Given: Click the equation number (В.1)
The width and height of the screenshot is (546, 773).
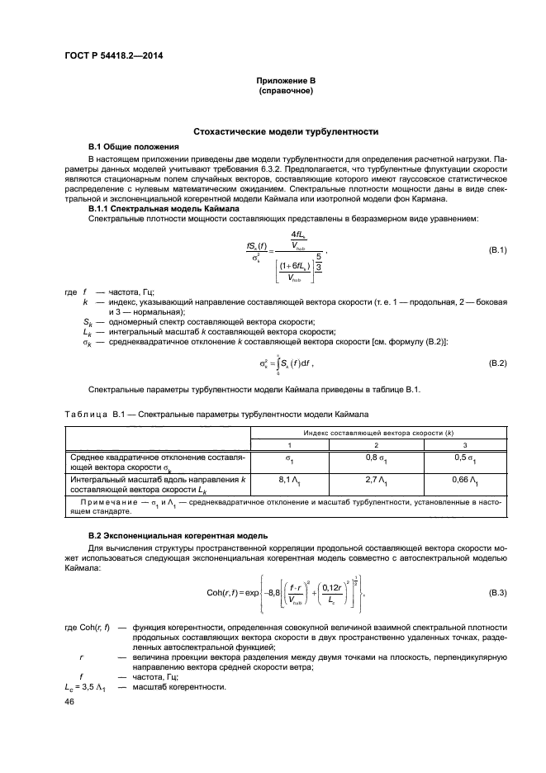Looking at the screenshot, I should click(x=497, y=251).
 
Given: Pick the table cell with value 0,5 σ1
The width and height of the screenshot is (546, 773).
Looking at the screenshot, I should click(x=466, y=458).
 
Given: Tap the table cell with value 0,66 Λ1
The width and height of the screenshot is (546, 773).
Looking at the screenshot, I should click(x=466, y=481).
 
